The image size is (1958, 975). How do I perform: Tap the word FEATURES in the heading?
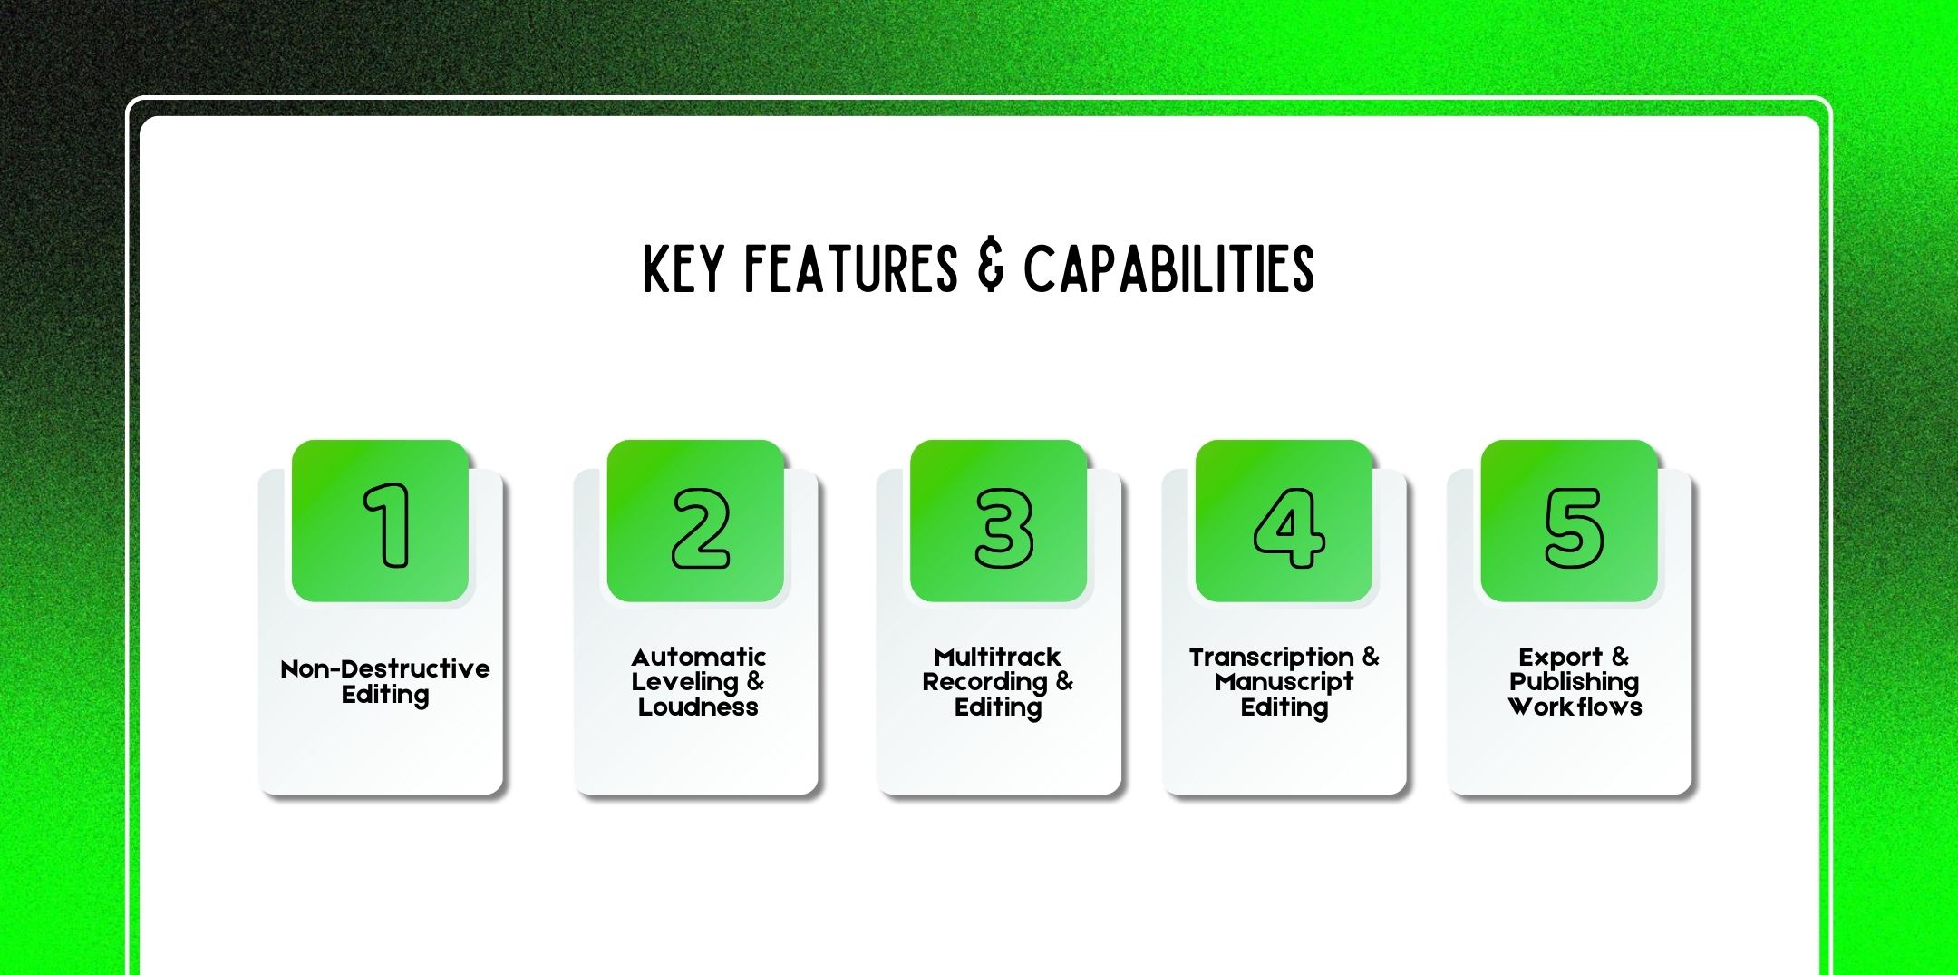850,268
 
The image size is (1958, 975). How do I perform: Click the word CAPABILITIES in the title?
1168,268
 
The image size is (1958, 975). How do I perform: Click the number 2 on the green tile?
700,528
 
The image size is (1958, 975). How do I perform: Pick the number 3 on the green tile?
1003,528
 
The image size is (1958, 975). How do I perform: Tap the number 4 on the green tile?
1289,528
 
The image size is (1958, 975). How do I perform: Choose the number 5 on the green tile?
1574,528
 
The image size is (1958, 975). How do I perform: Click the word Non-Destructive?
385,669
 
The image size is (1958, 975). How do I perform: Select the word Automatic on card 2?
698,657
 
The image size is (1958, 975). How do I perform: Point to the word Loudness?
698,707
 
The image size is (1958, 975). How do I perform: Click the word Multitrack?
997,657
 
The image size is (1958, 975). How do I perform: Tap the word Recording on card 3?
984,681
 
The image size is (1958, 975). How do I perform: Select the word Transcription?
1271,657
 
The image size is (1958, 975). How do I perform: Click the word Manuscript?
1284,682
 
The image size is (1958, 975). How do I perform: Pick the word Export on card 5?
1560,657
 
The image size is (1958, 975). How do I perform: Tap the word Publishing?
1574,682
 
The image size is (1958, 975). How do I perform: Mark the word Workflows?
1575,707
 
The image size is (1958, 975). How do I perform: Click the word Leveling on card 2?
684,682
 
